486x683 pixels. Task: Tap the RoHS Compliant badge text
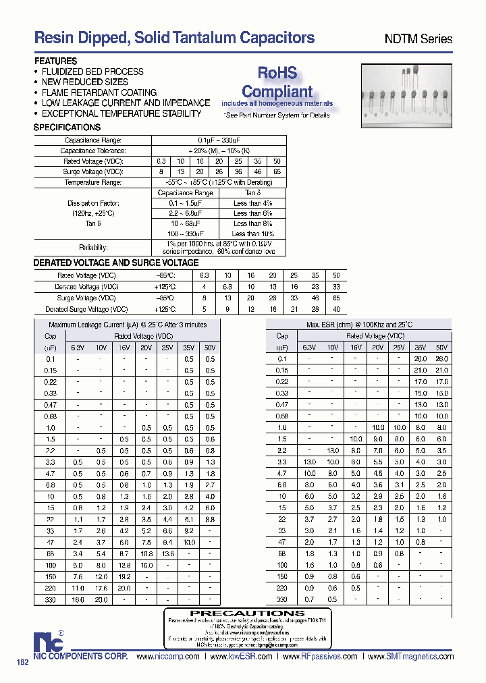click(x=277, y=82)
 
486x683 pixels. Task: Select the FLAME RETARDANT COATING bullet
click(x=99, y=92)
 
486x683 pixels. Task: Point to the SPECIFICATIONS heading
click(x=67, y=128)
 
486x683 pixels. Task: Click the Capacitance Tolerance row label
click(x=93, y=151)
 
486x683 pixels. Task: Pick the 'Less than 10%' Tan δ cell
click(x=252, y=234)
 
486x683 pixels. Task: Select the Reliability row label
click(x=93, y=248)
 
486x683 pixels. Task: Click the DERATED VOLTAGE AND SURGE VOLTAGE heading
click(x=116, y=263)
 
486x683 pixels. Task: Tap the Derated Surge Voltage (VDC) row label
click(x=86, y=309)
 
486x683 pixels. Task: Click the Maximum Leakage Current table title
click(x=128, y=325)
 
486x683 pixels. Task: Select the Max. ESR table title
click(x=358, y=325)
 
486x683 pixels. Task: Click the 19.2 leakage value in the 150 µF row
click(x=124, y=577)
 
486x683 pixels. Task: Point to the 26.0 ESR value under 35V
click(x=420, y=359)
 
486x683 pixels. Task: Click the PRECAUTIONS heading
click(x=238, y=613)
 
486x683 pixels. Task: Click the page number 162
click(x=22, y=663)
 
